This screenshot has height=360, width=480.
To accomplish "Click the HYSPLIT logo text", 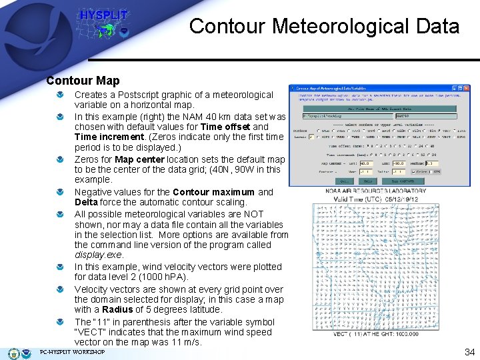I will click(103, 15).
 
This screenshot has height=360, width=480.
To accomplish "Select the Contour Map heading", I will click(83, 81).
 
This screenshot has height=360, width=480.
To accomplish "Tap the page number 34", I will click(469, 351).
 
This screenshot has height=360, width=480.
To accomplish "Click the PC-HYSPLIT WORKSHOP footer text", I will click(72, 352).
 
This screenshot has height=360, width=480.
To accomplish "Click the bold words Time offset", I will click(225, 127).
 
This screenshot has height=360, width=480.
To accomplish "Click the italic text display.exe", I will click(99, 255).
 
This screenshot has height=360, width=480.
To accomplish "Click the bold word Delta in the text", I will click(86, 202).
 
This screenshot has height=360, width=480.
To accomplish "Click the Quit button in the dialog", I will click(345, 181).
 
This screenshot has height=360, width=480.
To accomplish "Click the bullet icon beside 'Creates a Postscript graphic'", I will click(61, 95).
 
